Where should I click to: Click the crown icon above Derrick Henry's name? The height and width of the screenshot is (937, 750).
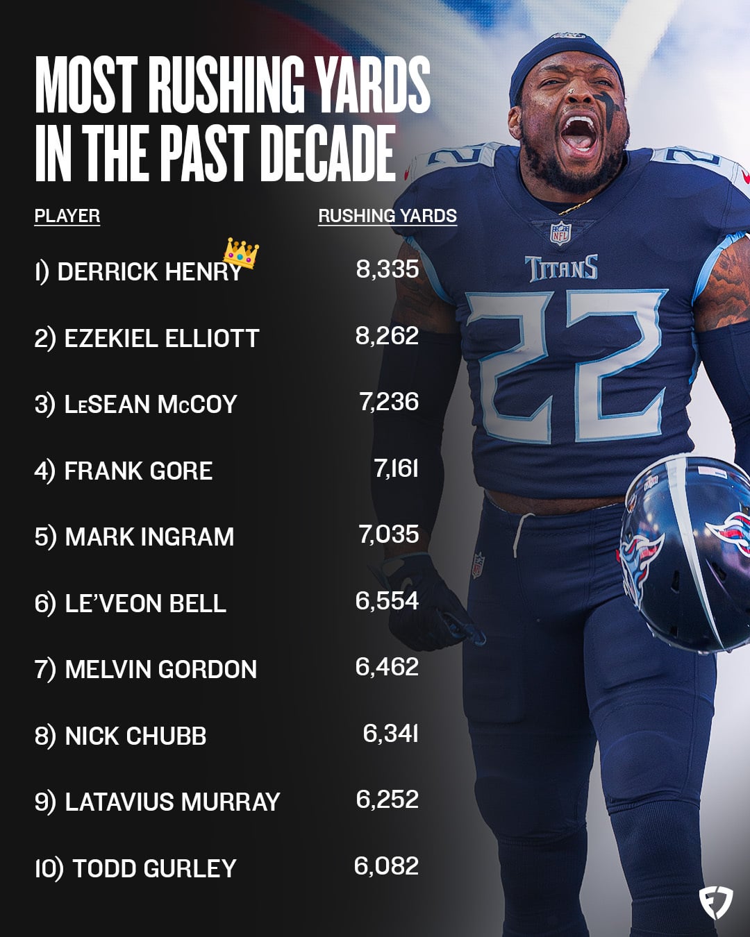[240, 253]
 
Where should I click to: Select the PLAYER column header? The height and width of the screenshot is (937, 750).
[67, 216]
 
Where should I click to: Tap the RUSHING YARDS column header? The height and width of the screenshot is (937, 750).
[387, 216]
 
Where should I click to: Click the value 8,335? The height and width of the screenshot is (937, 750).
[387, 269]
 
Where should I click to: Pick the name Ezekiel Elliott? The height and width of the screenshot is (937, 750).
[161, 339]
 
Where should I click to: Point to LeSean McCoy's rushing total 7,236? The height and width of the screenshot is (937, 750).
[389, 402]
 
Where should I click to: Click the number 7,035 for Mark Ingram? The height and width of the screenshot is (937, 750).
[389, 534]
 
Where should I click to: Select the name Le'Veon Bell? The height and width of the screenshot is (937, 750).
[145, 603]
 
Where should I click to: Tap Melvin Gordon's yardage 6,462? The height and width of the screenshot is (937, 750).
[387, 667]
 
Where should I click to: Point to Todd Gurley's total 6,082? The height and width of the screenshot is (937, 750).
[386, 866]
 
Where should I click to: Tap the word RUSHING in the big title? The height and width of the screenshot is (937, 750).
[227, 85]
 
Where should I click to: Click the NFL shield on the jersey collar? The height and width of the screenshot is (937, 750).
[560, 233]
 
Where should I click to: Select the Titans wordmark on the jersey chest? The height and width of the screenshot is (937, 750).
[561, 268]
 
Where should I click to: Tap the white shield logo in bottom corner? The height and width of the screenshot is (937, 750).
[716, 903]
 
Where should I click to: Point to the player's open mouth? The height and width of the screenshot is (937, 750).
[578, 132]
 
